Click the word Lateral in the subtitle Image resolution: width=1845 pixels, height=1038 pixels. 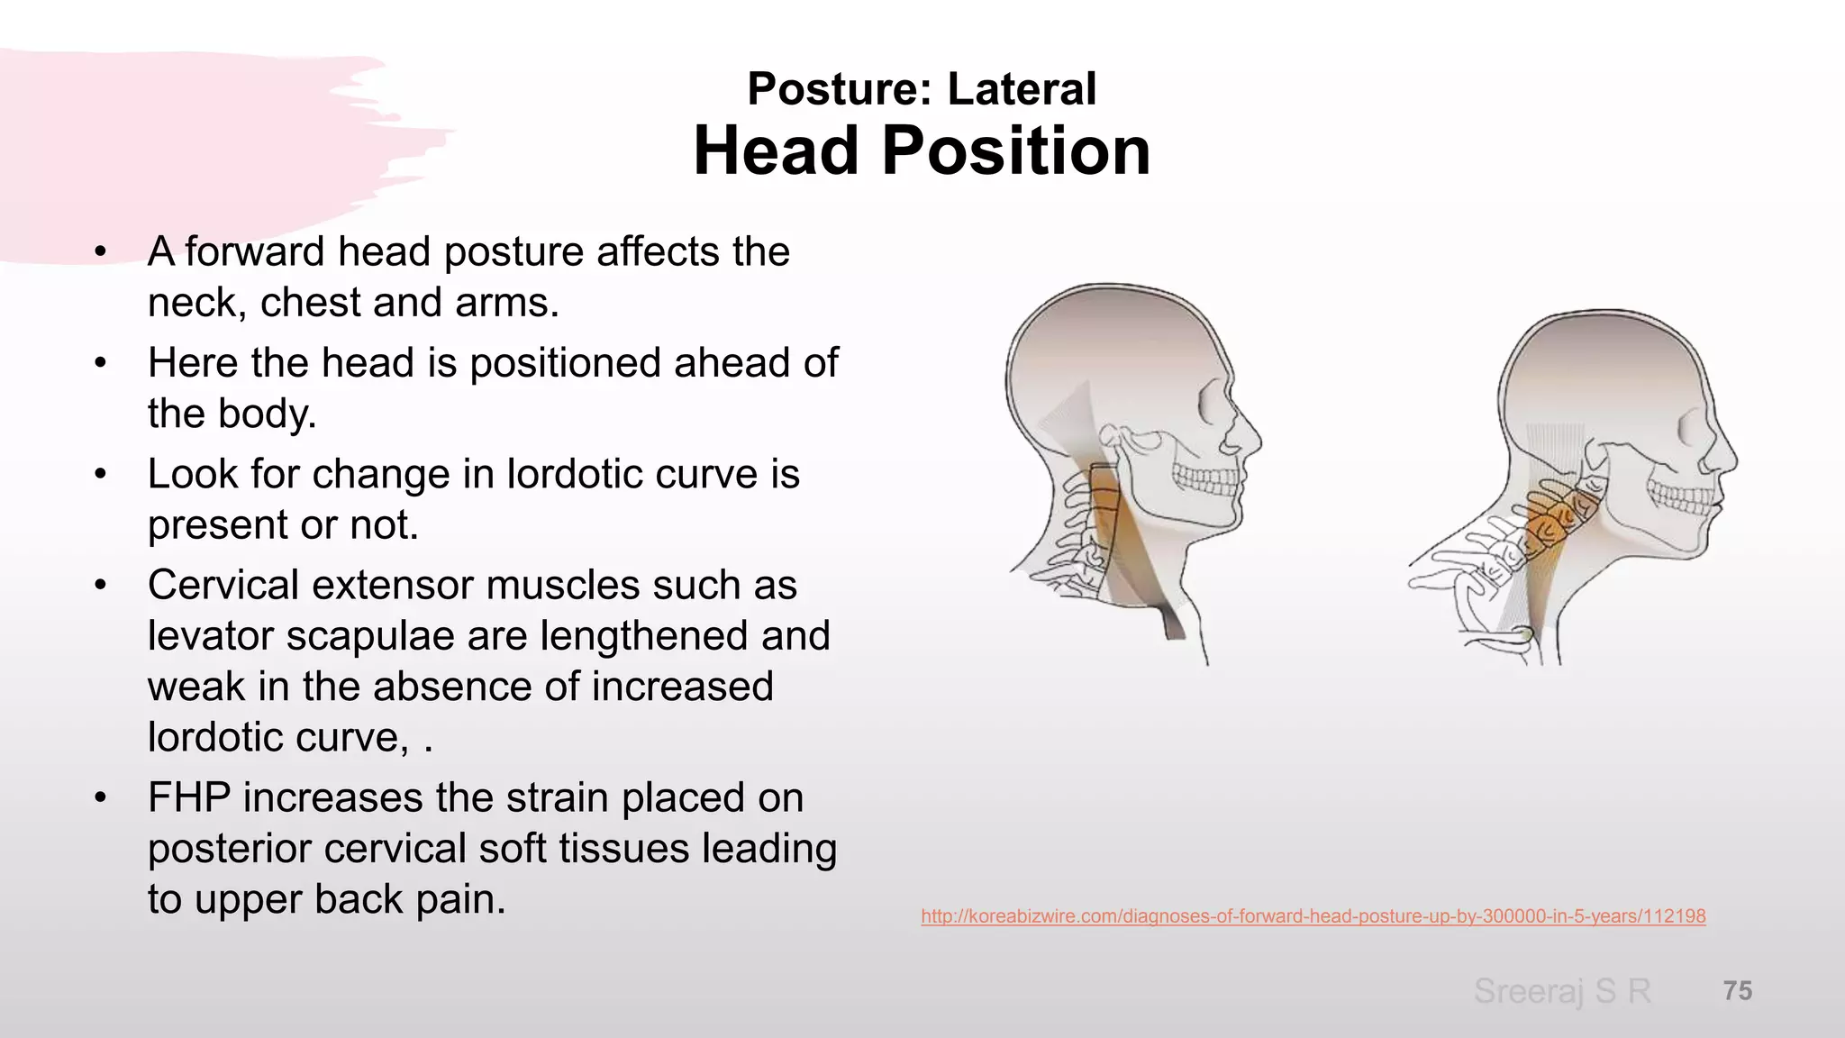1022,89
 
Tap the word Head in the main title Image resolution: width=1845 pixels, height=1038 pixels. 776,150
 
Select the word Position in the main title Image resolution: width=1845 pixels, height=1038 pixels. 1016,150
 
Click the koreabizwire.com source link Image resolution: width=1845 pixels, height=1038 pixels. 1313,916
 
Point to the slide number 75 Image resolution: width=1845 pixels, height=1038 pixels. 1738,991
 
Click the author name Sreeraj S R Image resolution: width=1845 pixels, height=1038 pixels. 1562,991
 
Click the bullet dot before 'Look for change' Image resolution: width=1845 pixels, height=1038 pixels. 101,475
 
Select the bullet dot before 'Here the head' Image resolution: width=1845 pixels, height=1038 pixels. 101,364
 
